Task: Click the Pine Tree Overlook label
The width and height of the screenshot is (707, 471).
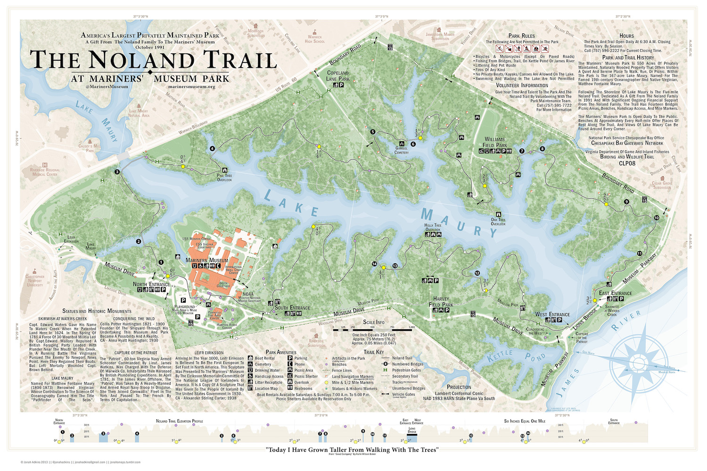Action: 224,178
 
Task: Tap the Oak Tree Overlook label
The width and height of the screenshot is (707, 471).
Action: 498,221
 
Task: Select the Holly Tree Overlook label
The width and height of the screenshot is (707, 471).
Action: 433,227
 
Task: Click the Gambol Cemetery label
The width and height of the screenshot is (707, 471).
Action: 402,150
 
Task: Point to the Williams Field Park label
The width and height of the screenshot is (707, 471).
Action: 494,142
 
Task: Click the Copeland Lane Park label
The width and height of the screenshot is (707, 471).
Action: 338,76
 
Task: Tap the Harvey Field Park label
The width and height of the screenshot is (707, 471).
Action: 441,301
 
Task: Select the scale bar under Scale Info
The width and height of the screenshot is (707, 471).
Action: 374,330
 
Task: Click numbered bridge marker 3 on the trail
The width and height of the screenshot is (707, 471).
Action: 117,172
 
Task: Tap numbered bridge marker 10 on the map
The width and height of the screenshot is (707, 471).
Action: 657,218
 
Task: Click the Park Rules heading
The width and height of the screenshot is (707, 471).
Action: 521,36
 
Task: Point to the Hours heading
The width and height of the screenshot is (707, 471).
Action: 626,36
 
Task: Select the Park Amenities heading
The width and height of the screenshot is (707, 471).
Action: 281,352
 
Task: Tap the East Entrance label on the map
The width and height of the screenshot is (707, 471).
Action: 616,293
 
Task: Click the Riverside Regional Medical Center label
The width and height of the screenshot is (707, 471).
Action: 45,172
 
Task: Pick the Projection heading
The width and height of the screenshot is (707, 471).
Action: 459,387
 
